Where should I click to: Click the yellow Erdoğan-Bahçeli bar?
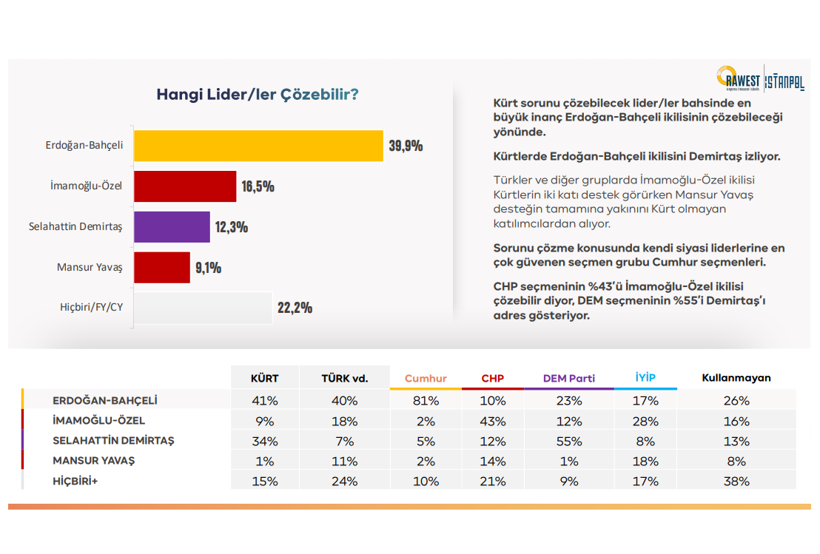(x=258, y=146)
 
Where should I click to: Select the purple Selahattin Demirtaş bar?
(x=172, y=227)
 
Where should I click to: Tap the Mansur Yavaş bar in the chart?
(x=161, y=267)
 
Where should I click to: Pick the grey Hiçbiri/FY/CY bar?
(x=203, y=308)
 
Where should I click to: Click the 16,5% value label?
(x=258, y=186)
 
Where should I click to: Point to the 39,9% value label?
(x=406, y=146)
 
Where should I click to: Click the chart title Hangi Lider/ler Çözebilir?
(x=258, y=95)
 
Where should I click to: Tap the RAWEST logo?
(x=738, y=78)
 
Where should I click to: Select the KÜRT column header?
(x=265, y=378)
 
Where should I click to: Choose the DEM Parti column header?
(x=568, y=378)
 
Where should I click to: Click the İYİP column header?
(x=645, y=377)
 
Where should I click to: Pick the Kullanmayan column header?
(x=736, y=378)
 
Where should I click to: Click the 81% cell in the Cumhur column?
(x=426, y=401)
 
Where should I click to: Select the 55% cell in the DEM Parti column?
(x=568, y=442)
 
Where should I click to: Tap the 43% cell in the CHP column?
(x=493, y=422)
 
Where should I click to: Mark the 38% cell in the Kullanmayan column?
(x=737, y=482)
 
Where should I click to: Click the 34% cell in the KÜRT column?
(x=265, y=442)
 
